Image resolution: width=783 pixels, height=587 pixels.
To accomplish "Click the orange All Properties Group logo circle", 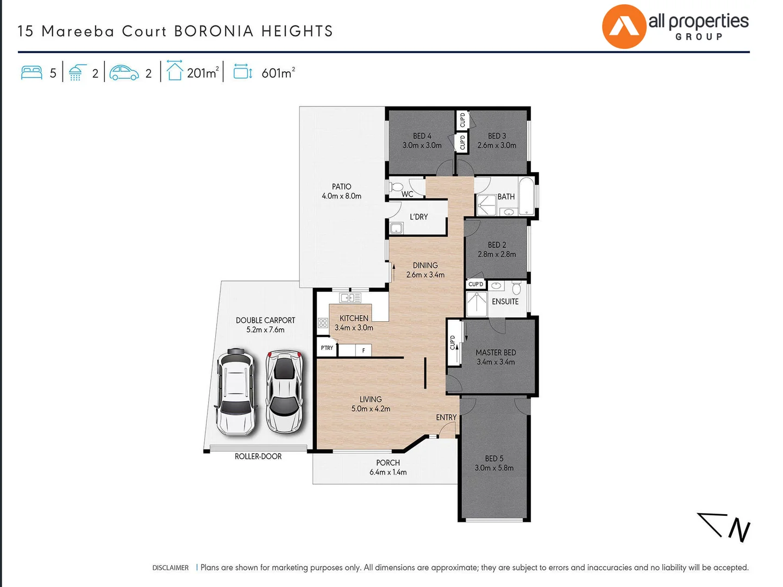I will click(x=624, y=27).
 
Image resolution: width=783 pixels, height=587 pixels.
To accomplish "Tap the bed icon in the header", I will click(x=32, y=73).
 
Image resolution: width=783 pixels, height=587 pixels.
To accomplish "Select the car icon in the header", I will click(x=124, y=73).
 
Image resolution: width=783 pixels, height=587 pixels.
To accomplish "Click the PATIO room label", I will click(x=341, y=186).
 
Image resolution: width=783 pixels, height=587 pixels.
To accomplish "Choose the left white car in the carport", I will click(x=235, y=391).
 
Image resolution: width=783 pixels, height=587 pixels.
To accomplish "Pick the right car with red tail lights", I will click(x=284, y=391).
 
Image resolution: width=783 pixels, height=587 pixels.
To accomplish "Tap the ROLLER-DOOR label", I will click(x=258, y=457).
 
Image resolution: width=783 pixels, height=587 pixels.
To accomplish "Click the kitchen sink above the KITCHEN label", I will click(x=350, y=297).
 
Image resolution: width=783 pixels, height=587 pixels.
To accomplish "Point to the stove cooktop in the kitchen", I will click(x=323, y=323).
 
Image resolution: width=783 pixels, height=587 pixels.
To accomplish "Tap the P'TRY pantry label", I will click(x=327, y=348).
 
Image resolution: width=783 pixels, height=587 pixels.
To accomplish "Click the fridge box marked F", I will click(x=363, y=351).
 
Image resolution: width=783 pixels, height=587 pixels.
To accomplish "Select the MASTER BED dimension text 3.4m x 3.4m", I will click(x=496, y=362).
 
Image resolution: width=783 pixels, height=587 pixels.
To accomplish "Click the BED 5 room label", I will click(x=494, y=458).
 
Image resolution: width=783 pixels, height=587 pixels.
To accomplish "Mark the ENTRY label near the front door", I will click(x=446, y=417).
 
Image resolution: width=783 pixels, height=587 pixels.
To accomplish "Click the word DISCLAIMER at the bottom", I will click(x=170, y=567).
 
